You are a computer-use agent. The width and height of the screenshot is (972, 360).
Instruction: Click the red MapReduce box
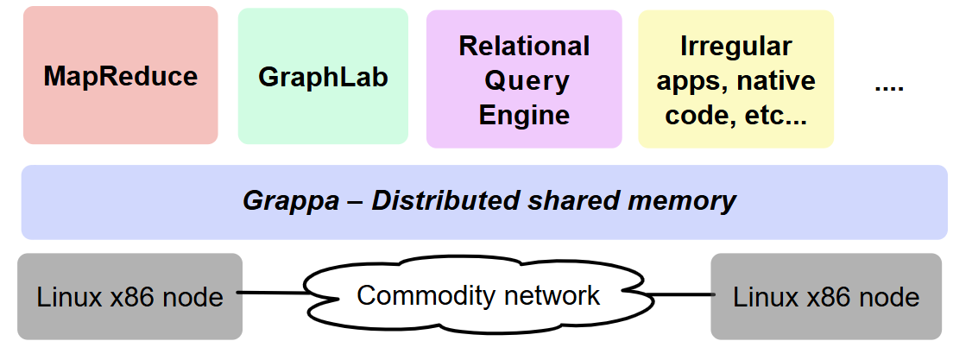click(x=120, y=76)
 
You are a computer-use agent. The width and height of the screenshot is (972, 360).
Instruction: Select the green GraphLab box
click(x=323, y=76)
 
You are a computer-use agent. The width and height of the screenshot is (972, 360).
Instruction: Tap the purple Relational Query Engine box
click(x=524, y=79)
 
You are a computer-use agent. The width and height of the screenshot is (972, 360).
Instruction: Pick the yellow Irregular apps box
click(x=735, y=79)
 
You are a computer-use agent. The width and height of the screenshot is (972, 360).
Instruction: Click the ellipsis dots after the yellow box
click(x=888, y=87)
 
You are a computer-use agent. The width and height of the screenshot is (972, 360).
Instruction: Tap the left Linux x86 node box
click(x=129, y=297)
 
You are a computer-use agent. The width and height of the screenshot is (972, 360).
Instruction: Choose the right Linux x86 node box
click(x=826, y=297)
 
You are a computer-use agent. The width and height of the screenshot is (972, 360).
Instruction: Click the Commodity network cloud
click(x=477, y=296)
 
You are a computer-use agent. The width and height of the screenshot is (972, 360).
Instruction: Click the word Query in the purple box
click(x=527, y=80)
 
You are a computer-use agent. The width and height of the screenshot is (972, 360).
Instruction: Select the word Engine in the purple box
click(x=524, y=115)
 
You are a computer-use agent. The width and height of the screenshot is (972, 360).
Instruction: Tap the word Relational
click(x=524, y=46)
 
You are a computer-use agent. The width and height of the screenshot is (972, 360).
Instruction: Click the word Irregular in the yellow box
click(x=735, y=46)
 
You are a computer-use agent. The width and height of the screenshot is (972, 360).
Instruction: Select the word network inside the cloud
click(x=552, y=295)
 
